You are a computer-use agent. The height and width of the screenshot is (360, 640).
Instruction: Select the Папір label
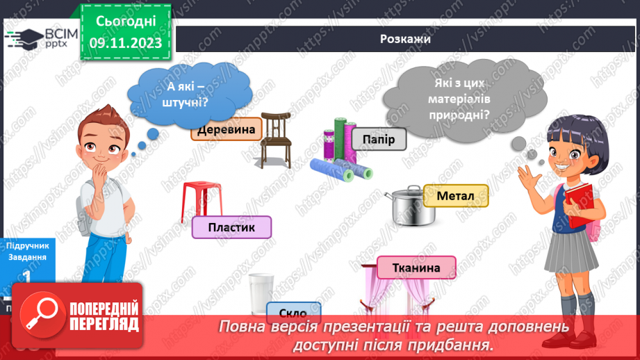point(378,140)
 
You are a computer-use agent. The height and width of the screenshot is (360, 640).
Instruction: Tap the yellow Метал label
point(455,196)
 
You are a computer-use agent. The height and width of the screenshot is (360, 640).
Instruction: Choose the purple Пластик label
point(231,227)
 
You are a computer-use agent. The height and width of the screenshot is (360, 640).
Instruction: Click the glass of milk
point(261,295)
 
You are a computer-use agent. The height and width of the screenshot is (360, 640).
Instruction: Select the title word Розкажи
point(406,39)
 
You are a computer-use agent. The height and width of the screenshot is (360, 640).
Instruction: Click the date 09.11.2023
point(125,43)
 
